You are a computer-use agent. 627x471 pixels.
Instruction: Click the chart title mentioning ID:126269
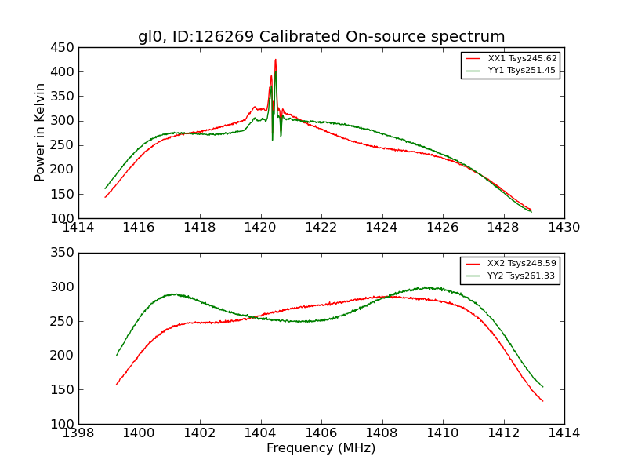pos(321,37)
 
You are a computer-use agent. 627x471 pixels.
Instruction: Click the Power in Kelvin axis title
pos(41,133)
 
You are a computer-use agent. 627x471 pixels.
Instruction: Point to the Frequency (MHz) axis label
pos(321,448)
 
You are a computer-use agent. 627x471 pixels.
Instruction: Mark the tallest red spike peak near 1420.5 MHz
pos(275,60)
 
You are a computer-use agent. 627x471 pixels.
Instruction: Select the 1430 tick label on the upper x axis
pos(564,228)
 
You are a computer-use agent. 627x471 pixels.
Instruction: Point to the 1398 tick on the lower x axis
pos(78,433)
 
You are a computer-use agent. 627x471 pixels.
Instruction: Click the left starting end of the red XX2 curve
pos(117,384)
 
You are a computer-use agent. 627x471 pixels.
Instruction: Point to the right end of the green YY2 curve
pos(542,386)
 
